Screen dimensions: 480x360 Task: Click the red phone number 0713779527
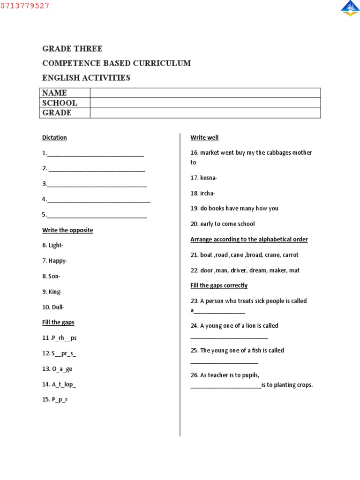click(x=24, y=6)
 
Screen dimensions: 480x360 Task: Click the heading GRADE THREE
click(x=72, y=49)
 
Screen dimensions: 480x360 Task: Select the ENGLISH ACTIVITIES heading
click(x=86, y=78)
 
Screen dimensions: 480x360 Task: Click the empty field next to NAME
click(x=205, y=93)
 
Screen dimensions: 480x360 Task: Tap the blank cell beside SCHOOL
click(x=205, y=103)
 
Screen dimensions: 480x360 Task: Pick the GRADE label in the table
click(x=57, y=113)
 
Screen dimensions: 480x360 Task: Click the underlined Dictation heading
click(x=54, y=138)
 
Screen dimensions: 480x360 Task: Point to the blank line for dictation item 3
click(x=97, y=184)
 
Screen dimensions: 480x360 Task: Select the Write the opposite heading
click(x=67, y=231)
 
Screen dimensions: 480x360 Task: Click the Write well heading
click(x=204, y=138)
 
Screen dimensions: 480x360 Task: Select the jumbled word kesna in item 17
click(x=208, y=178)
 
